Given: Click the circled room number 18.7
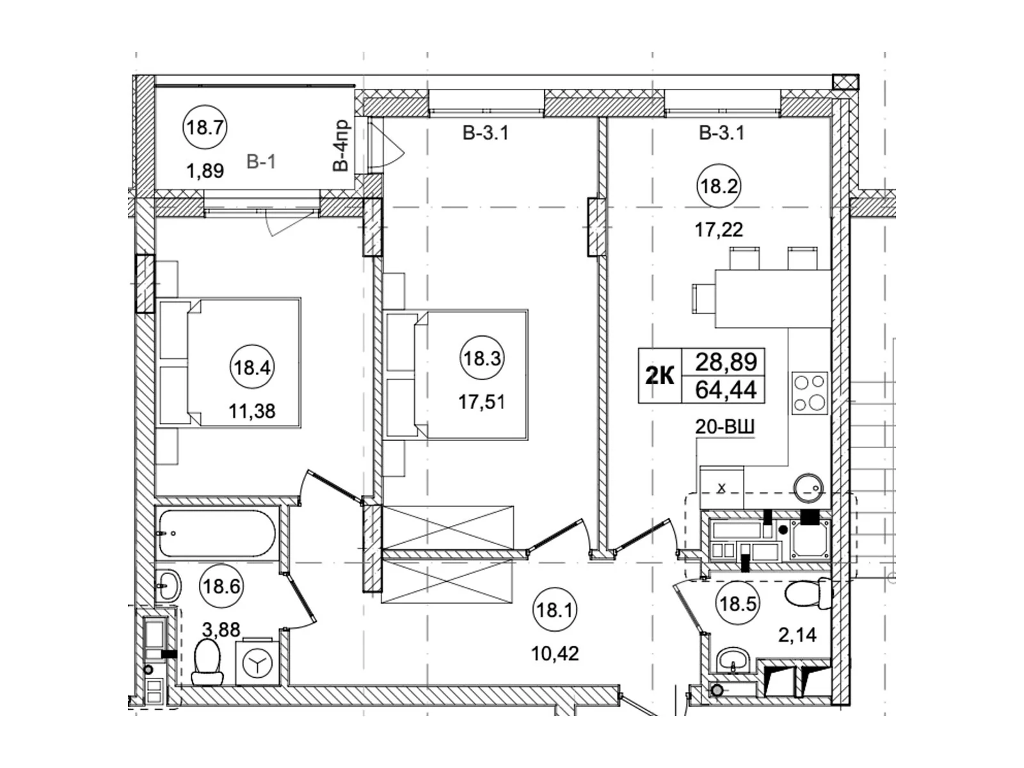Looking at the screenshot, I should coord(205,127).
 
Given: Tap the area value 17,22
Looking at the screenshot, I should coord(719,229).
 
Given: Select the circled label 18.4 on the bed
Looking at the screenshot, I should coord(252,367).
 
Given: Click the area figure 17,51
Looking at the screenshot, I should coord(481,402).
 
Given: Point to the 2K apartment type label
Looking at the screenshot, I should coord(659,376).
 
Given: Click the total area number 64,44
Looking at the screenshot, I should coord(726,389).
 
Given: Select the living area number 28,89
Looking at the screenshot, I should coord(726,362).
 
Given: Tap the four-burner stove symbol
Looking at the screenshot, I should coord(809,393).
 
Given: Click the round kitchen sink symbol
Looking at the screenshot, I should coord(808,489).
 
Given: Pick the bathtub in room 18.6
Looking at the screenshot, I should coord(216,533).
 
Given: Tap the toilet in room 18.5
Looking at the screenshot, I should coord(807,594).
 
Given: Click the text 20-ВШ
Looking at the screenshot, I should coord(724,427).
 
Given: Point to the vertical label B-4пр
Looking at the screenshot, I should coord(340,145).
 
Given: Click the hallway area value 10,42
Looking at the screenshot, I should coord(554,653).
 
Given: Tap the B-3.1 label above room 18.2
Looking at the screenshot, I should coord(721,134).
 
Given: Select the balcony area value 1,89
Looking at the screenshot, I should coord(205,171).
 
